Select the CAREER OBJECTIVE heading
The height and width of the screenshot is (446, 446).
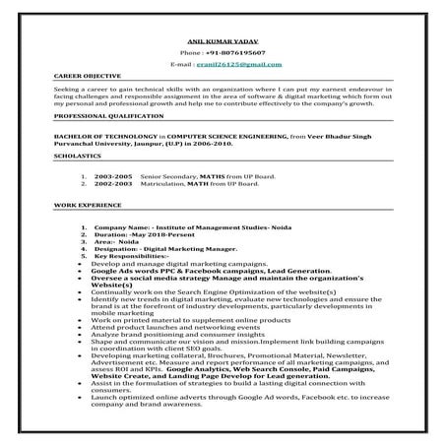pyautogui.click(x=89, y=75)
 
